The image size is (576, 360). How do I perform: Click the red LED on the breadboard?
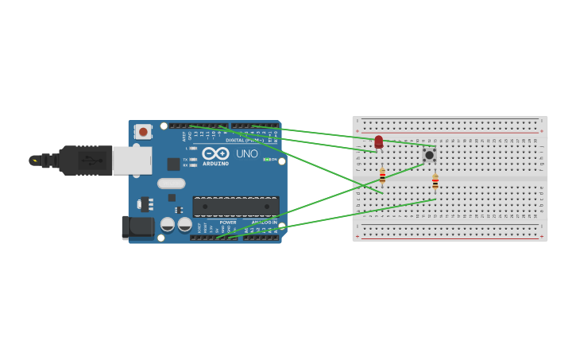point(378,141)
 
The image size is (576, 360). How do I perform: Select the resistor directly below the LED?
point(382,176)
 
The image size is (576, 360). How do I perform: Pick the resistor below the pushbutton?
point(435,182)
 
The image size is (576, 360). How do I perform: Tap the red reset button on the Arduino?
point(143,131)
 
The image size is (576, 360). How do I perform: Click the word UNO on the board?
point(246,153)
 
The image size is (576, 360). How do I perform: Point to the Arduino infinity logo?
point(215,153)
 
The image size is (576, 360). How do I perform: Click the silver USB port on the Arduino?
point(131,160)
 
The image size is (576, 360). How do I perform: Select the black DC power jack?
point(138,227)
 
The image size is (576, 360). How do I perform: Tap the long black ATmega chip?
point(235,207)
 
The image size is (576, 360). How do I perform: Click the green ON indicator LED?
point(266,160)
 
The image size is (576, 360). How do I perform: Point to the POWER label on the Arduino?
point(228,223)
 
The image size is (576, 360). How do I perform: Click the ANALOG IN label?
point(264,223)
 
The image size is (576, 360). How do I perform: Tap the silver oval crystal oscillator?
point(171,184)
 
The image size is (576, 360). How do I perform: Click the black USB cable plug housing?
point(84,160)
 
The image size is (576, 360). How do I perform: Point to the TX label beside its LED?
point(185,159)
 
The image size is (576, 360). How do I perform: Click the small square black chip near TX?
point(173,165)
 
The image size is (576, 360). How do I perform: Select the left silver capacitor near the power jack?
point(168,225)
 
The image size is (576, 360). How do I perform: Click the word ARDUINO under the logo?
point(215,164)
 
